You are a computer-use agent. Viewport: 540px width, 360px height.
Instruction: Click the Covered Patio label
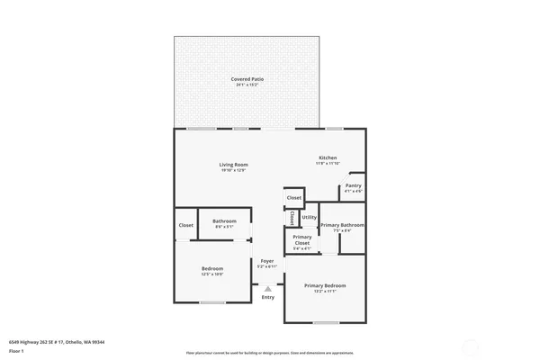pyautogui.click(x=247, y=79)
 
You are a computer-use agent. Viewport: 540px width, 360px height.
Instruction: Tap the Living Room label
pyautogui.click(x=233, y=165)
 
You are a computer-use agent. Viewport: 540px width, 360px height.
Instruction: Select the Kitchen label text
pyautogui.click(x=327, y=157)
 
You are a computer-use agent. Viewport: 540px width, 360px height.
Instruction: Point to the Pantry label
pyautogui.click(x=353, y=185)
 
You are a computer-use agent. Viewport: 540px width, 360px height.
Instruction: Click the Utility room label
pyautogui.click(x=309, y=217)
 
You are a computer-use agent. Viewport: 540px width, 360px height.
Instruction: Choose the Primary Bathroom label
pyautogui.click(x=342, y=224)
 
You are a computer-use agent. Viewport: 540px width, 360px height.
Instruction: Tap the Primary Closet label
pyautogui.click(x=301, y=238)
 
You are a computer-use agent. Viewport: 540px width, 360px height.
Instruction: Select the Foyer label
pyautogui.click(x=266, y=261)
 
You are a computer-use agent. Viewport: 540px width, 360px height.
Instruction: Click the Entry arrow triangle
pyautogui.click(x=267, y=288)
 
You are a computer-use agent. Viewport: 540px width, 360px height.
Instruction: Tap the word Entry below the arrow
pyautogui.click(x=267, y=297)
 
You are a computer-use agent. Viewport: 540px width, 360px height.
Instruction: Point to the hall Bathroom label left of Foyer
pyautogui.click(x=224, y=221)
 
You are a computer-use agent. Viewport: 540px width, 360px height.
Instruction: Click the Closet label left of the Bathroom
pyautogui.click(x=185, y=225)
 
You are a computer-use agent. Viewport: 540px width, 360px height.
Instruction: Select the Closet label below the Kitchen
pyautogui.click(x=293, y=197)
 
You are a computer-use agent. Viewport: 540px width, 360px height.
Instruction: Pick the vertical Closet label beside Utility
pyautogui.click(x=292, y=218)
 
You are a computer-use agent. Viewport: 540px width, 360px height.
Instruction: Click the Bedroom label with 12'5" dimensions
pyautogui.click(x=211, y=269)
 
